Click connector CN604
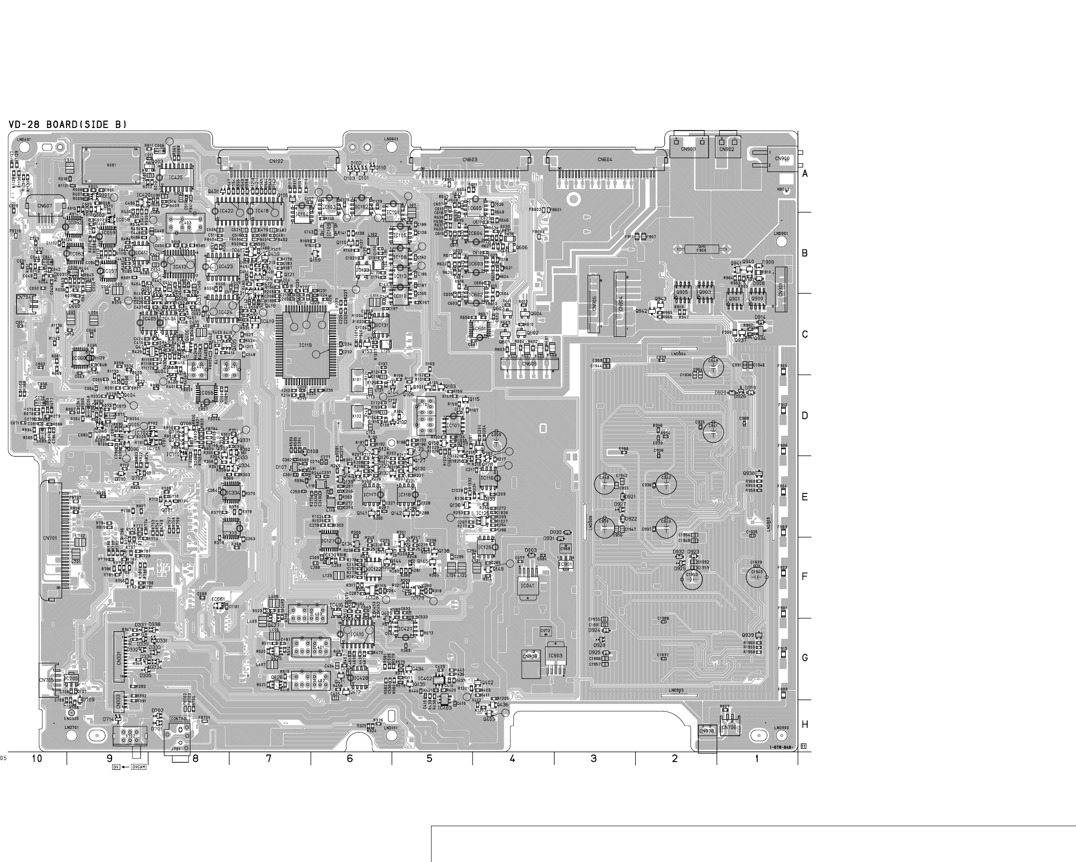tap(605, 160)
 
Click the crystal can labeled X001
tap(112, 165)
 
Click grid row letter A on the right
tap(805, 174)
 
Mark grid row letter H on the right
tap(805, 725)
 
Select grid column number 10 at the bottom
tap(37, 759)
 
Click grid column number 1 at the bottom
tap(757, 759)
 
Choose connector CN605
tap(529, 364)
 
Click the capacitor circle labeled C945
tap(757, 576)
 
